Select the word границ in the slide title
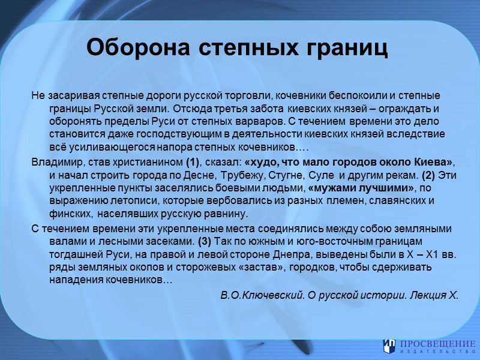point(348,47)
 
